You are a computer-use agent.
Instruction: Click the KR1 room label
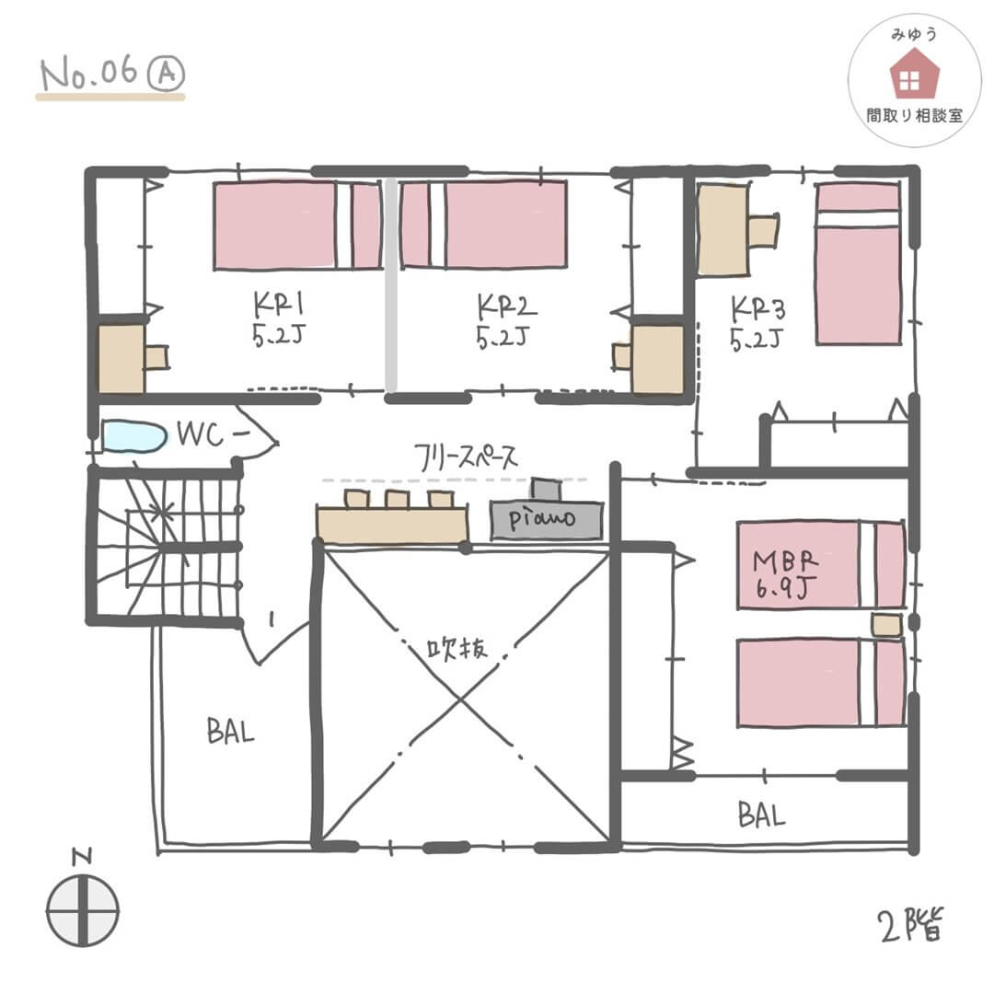pyautogui.click(x=278, y=305)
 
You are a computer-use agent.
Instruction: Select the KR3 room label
pyautogui.click(x=758, y=308)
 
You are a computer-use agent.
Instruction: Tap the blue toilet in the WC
pyautogui.click(x=133, y=436)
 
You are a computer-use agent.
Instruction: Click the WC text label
pyautogui.click(x=201, y=434)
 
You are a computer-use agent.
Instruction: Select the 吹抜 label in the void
pyautogui.click(x=457, y=648)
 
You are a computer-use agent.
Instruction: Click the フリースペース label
pyautogui.click(x=466, y=457)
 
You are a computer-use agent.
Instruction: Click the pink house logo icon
pyautogui.click(x=914, y=74)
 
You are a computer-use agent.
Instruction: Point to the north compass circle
pyautogui.click(x=83, y=911)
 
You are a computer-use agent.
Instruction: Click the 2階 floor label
pyautogui.click(x=910, y=925)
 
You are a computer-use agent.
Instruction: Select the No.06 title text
pyautogui.click(x=88, y=72)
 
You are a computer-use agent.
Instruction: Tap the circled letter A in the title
pyautogui.click(x=166, y=74)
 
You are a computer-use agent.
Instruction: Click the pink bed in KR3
pyautogui.click(x=859, y=264)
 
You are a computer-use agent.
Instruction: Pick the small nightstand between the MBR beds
pyautogui.click(x=886, y=625)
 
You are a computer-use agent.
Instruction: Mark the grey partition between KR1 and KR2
pyautogui.click(x=391, y=285)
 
